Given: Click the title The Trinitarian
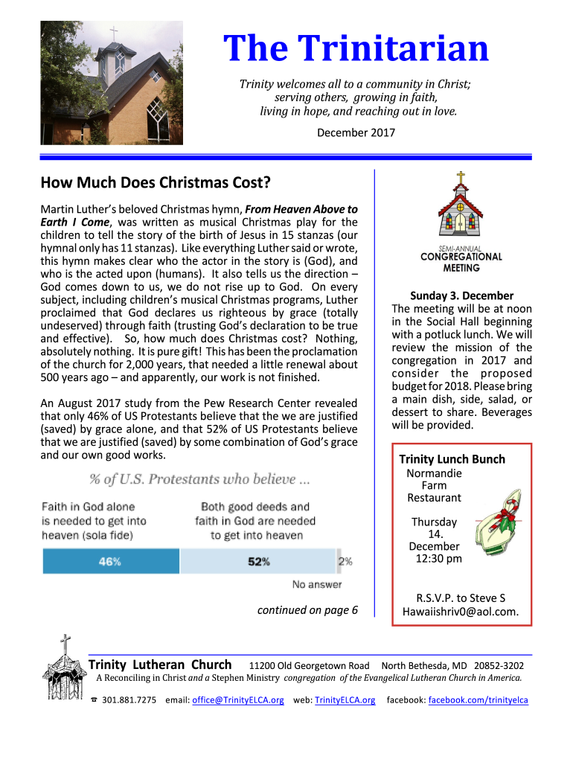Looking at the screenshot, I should pyautogui.click(x=357, y=50).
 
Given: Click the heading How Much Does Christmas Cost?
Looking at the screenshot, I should pyautogui.click(x=155, y=183).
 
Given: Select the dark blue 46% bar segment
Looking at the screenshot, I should pyautogui.click(x=110, y=561).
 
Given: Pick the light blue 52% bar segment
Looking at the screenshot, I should pyautogui.click(x=258, y=561).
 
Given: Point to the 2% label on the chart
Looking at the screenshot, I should pyautogui.click(x=345, y=561).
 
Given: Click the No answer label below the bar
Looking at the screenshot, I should pyautogui.click(x=317, y=584).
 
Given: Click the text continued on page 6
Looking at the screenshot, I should pyautogui.click(x=307, y=610).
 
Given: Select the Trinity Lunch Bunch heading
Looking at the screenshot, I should pyautogui.click(x=452, y=459).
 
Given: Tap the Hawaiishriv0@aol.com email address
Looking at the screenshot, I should pyautogui.click(x=461, y=612).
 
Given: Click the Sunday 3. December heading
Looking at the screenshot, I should pyautogui.click(x=461, y=295).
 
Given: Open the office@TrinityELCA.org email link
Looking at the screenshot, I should pyautogui.click(x=238, y=700).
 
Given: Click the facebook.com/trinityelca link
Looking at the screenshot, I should pyautogui.click(x=478, y=700).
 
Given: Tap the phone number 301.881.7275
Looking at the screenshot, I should pyautogui.click(x=129, y=700).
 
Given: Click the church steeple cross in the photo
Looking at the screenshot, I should pyautogui.click(x=113, y=33).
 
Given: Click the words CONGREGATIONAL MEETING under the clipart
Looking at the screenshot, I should pyautogui.click(x=461, y=262).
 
